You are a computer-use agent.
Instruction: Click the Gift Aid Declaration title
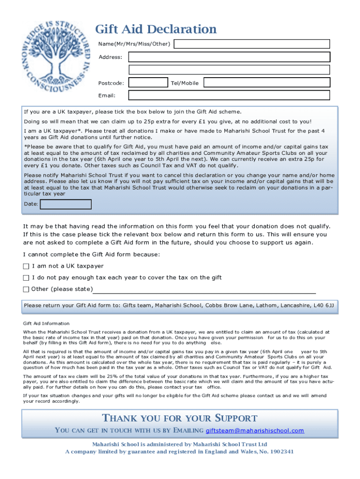[x=156, y=29]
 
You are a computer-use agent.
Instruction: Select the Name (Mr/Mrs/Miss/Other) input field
[x=252, y=44]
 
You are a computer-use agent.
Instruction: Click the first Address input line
[x=229, y=57]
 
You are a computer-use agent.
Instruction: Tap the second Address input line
[x=229, y=70]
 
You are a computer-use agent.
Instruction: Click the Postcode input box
[x=148, y=83]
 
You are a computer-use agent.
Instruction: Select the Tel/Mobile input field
[x=266, y=83]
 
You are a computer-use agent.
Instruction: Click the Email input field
[x=229, y=95]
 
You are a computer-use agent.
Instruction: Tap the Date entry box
[x=65, y=204]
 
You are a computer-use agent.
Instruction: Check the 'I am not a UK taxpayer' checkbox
[x=26, y=266]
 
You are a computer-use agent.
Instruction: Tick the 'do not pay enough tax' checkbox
[x=26, y=278]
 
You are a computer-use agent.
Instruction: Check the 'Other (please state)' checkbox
[x=26, y=289]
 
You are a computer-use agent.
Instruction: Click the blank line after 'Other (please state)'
[x=204, y=290]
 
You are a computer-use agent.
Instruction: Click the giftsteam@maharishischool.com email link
[x=255, y=430]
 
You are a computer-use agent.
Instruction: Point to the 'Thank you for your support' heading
[x=180, y=418]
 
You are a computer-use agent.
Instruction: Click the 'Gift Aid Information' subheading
[x=46, y=323]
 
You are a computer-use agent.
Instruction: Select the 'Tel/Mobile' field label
[x=185, y=83]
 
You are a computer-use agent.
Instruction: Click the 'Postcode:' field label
[x=111, y=83]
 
